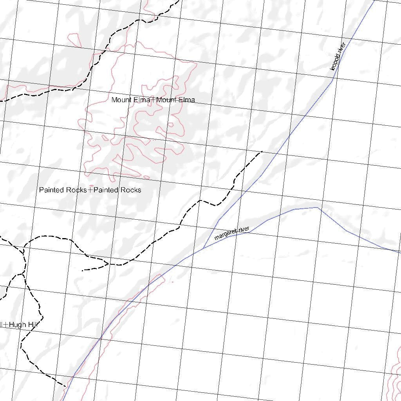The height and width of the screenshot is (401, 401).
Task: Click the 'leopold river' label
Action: point(338,56)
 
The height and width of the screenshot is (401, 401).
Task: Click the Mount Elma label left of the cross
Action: point(131,100)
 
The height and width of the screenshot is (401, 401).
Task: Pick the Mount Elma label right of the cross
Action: point(175,100)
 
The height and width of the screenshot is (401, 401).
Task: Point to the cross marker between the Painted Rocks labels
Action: point(90,190)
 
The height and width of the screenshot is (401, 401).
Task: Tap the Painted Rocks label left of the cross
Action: point(63,190)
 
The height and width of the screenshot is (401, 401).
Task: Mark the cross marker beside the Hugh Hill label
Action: point(5,324)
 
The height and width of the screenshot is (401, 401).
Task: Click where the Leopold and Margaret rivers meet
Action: point(203,248)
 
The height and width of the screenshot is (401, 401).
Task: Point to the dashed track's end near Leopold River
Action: point(262,151)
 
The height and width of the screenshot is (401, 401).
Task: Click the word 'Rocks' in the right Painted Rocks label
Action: point(130,190)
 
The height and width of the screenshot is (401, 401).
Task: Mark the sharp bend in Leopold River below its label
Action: point(332,81)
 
